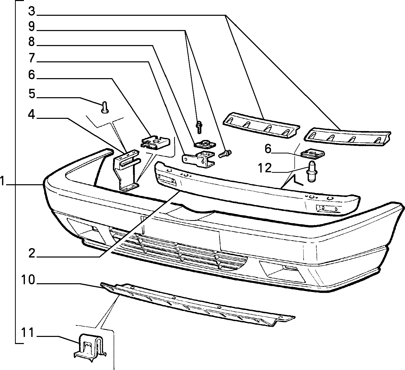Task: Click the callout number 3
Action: [31, 11]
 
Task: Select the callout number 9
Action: [31, 26]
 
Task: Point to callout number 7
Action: [31, 59]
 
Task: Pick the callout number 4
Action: [31, 115]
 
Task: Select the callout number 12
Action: [265, 168]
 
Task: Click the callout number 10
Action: [28, 280]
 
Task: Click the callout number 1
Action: [3, 182]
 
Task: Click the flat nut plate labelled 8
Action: [205, 144]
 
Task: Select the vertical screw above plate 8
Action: [199, 127]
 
